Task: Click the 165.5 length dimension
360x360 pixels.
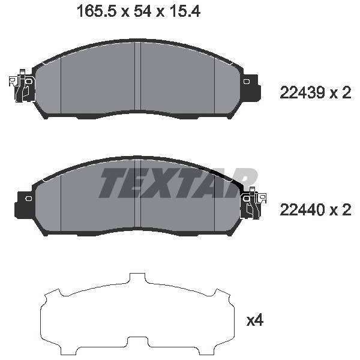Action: [97, 11]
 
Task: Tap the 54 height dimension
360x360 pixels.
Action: [142, 11]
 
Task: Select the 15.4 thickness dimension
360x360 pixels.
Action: [184, 11]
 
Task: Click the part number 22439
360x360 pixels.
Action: [302, 93]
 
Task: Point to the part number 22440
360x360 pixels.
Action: [302, 210]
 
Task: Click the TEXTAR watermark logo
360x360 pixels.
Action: [178, 183]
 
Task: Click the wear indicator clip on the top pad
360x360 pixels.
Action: [22, 85]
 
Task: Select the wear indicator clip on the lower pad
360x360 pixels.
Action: [253, 203]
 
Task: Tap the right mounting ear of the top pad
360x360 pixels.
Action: [251, 87]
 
